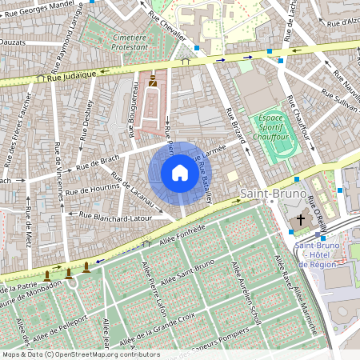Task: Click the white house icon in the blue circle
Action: [x=180, y=173]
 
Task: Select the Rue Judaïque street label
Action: [x=72, y=77]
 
